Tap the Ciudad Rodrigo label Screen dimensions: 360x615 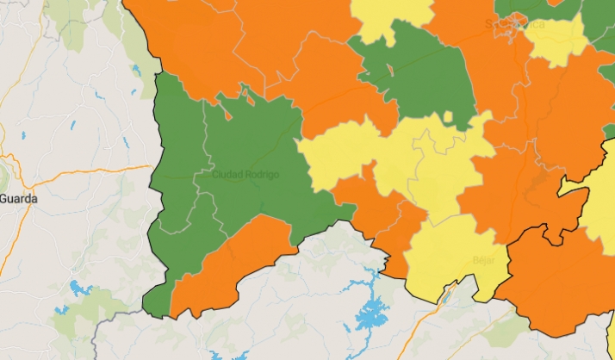(245, 175)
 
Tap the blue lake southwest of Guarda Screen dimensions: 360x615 (78, 288)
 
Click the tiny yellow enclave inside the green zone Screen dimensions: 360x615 (389, 68)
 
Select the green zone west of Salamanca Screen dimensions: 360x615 (422, 73)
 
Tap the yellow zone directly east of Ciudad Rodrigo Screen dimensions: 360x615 (340, 155)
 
